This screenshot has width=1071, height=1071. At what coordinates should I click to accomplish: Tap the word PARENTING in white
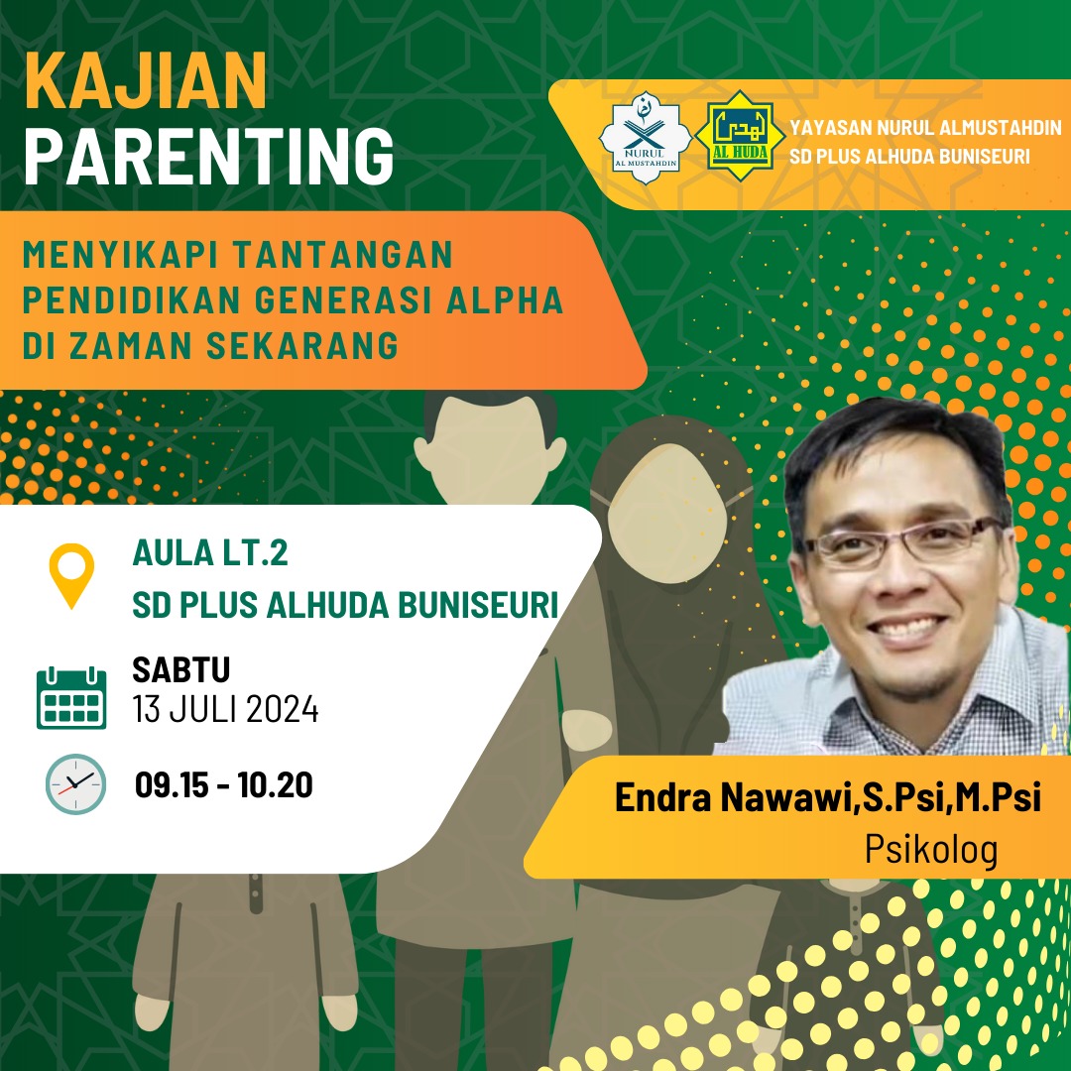pos(209,156)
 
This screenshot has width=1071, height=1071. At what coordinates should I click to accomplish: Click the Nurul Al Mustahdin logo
pos(645,137)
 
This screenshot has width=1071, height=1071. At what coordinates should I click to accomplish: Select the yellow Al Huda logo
pos(740,135)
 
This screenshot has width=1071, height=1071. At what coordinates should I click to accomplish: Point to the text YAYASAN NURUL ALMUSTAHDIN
pos(925,128)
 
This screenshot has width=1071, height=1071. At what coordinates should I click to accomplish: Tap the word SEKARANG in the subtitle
pos(302,345)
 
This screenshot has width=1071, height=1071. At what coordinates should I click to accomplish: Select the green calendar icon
pos(71,697)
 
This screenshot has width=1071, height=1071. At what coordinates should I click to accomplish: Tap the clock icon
pos(75,784)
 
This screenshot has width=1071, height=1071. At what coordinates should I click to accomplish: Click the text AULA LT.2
pos(210,552)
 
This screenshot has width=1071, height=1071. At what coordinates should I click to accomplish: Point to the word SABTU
pos(181,669)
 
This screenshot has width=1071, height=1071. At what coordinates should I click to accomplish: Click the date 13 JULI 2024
pos(225,709)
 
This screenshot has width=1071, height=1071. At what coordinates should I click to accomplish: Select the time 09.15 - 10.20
pos(224,784)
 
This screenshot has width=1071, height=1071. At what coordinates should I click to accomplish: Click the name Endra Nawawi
pos(733,797)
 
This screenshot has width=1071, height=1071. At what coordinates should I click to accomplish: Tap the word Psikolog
pos(931,850)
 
